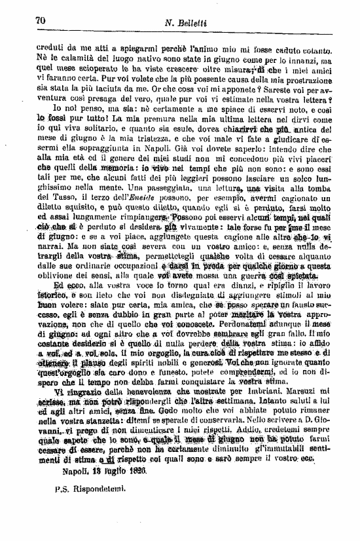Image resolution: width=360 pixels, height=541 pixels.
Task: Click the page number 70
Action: point(40,21)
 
